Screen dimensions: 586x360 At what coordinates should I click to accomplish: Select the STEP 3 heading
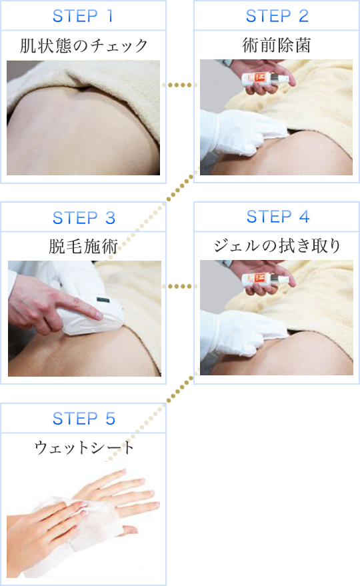tap(83, 217)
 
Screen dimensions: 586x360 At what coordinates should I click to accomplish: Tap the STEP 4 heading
tap(277, 217)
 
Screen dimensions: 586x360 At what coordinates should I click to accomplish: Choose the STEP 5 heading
tap(83, 419)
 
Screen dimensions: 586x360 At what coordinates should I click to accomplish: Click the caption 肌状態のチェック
tap(83, 46)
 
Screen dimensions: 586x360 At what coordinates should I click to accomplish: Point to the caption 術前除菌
tap(277, 46)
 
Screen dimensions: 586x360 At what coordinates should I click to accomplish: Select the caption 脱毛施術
tap(83, 247)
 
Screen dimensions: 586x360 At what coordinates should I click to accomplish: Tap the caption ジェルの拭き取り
tap(277, 247)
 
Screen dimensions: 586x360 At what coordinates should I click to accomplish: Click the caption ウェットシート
tap(83, 447)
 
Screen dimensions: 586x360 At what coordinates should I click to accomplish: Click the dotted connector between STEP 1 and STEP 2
tap(180, 85)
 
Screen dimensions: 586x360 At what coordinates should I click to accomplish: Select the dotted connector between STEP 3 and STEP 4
tap(180, 286)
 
